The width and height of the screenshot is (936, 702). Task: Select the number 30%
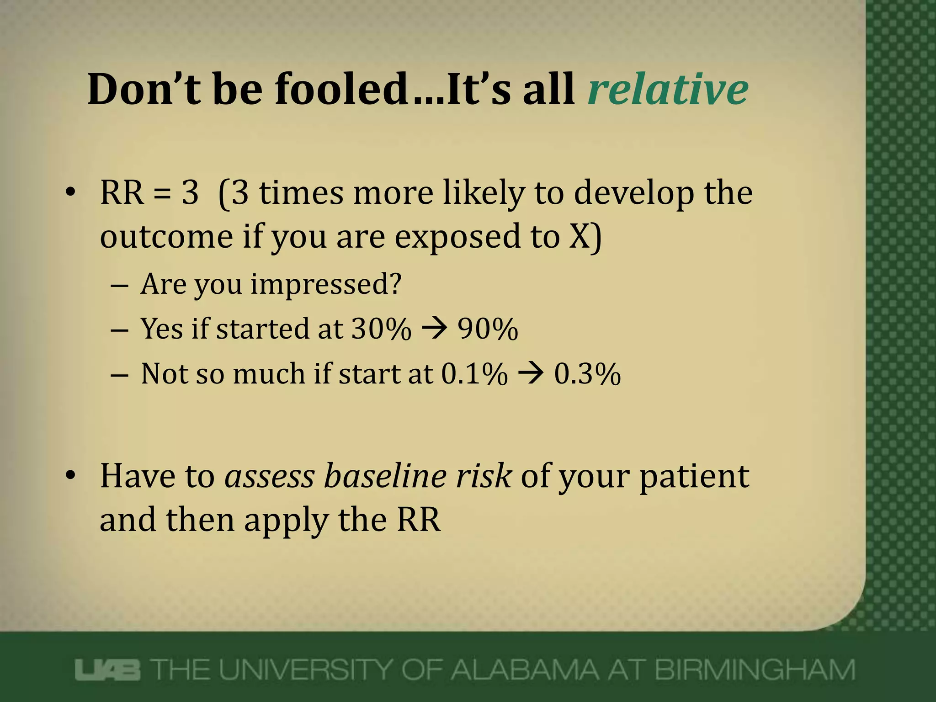(x=381, y=329)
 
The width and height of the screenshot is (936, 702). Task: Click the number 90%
(x=488, y=329)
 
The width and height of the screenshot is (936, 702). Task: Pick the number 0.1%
(x=474, y=374)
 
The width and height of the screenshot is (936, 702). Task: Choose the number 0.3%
(x=587, y=374)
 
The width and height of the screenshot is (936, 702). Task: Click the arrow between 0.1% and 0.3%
(x=531, y=374)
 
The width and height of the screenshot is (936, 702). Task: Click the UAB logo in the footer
(x=108, y=670)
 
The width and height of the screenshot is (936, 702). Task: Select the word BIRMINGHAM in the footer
(x=755, y=670)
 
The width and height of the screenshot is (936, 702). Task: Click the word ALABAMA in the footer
(x=524, y=670)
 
